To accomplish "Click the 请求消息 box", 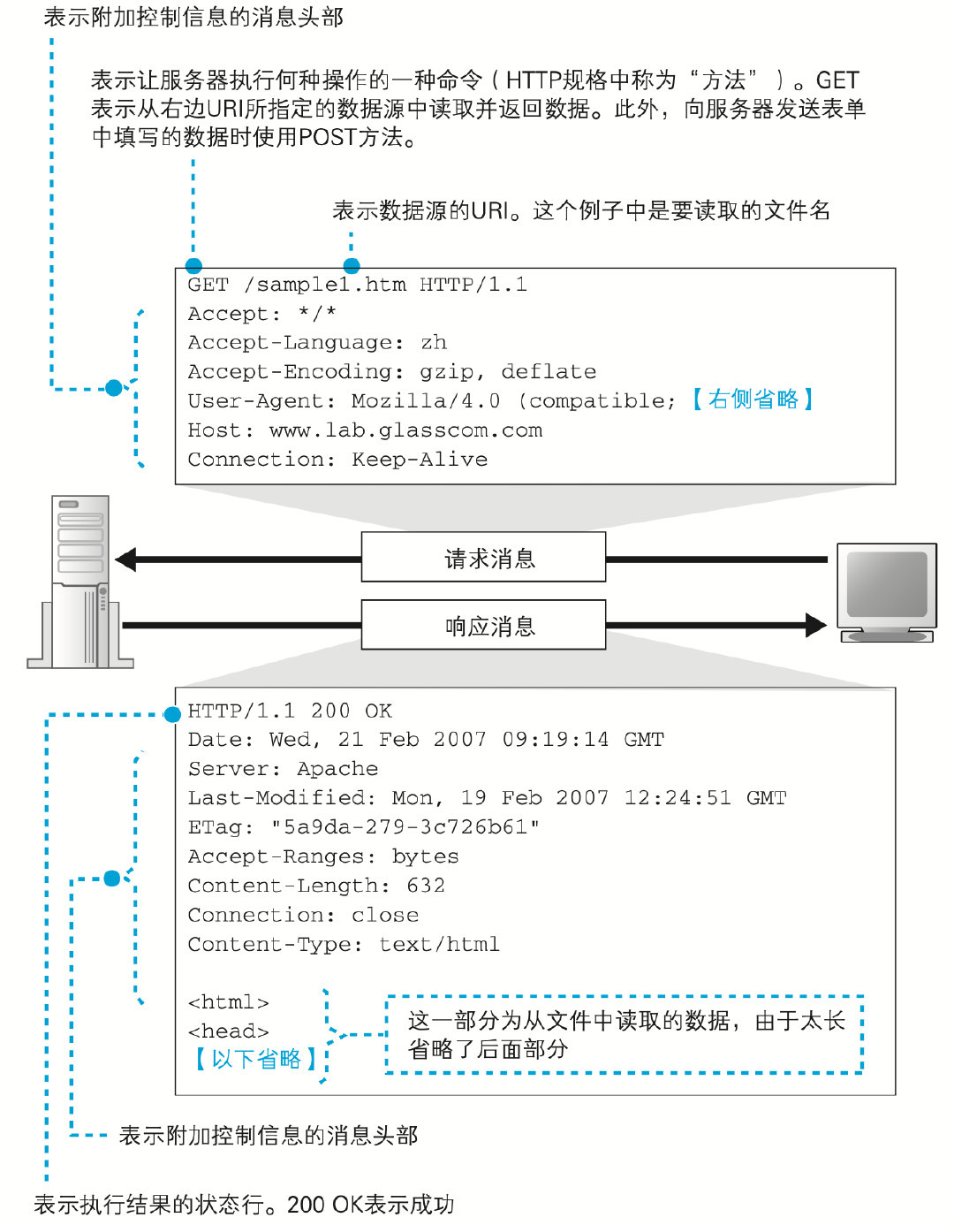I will pyautogui.click(x=483, y=557).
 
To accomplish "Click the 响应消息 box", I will pyautogui.click(x=483, y=625).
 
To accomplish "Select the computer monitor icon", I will pyautogui.click(x=886, y=590).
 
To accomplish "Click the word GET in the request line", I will pyautogui.click(x=208, y=285).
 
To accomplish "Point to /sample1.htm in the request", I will pyautogui.click(x=324, y=285).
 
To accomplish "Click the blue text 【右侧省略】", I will pyautogui.click(x=753, y=399).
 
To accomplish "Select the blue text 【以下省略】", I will pyautogui.click(x=255, y=1059).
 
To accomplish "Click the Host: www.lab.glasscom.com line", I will pyautogui.click(x=365, y=430).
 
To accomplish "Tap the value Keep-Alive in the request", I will pyautogui.click(x=420, y=460).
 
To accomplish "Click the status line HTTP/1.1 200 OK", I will pyautogui.click(x=290, y=711).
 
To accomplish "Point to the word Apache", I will pyautogui.click(x=337, y=769).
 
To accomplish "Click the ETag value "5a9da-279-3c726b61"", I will pyautogui.click(x=405, y=827).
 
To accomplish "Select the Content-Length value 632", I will pyautogui.click(x=426, y=886).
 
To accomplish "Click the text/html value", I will pyautogui.click(x=439, y=944).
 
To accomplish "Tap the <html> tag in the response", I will pyautogui.click(x=228, y=1002).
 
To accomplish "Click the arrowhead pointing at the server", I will pyautogui.click(x=126, y=559).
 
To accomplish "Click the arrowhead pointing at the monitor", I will pyautogui.click(x=815, y=625).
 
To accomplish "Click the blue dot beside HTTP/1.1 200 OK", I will pyautogui.click(x=173, y=714).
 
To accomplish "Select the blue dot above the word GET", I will pyautogui.click(x=193, y=265).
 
